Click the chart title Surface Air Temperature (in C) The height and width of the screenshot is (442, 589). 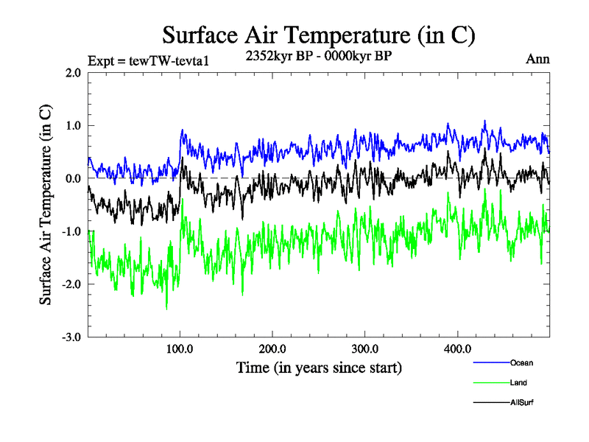pyautogui.click(x=319, y=35)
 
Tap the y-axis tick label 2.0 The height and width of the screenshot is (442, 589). pyautogui.click(x=72, y=73)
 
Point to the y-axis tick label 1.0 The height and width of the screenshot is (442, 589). pyautogui.click(x=72, y=126)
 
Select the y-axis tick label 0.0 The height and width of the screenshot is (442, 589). pyautogui.click(x=72, y=179)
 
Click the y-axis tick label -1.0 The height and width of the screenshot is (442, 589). pyautogui.click(x=71, y=232)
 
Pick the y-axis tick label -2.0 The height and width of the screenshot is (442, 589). pyautogui.click(x=71, y=285)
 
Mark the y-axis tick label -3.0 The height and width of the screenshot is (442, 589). pyautogui.click(x=71, y=337)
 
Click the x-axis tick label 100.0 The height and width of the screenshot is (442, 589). pyautogui.click(x=180, y=348)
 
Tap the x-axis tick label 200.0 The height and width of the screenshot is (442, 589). pyautogui.click(x=272, y=348)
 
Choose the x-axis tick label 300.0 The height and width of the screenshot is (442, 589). pyautogui.click(x=365, y=348)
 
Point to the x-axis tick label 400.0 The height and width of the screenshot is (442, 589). pyautogui.click(x=458, y=348)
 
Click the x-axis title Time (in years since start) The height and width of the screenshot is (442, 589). pyautogui.click(x=319, y=367)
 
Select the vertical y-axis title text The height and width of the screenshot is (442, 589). pyautogui.click(x=46, y=205)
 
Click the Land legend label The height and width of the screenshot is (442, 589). pyautogui.click(x=518, y=383)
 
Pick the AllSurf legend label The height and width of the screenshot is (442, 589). pyautogui.click(x=521, y=404)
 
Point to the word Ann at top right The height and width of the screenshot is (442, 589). pyautogui.click(x=537, y=60)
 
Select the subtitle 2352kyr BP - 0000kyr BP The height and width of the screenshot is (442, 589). pyautogui.click(x=318, y=55)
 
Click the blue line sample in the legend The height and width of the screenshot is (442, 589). pyautogui.click(x=490, y=362)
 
